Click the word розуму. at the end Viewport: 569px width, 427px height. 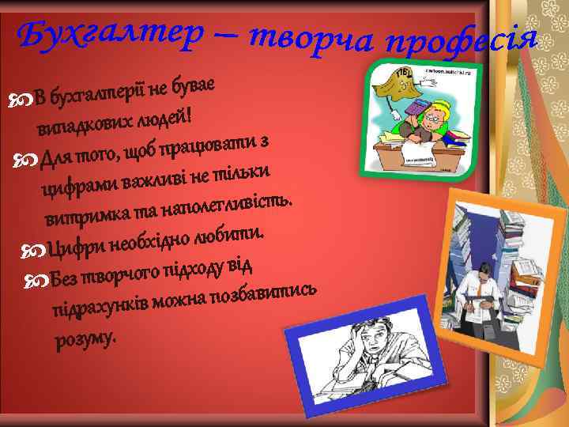pyautogui.click(x=85, y=339)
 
